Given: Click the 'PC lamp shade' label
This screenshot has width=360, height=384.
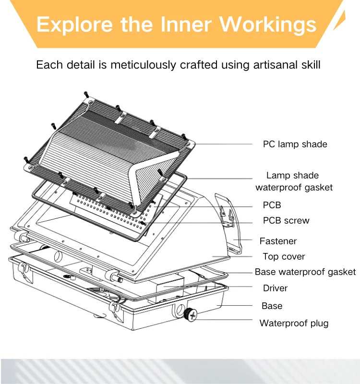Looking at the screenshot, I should click(x=295, y=144).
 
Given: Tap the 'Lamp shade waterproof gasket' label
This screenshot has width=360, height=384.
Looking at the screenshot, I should click(x=293, y=181).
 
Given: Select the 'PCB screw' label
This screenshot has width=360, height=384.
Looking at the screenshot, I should click(x=286, y=221).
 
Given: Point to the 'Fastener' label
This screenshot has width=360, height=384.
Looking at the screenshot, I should click(x=278, y=241).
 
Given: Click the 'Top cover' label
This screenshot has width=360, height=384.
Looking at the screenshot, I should click(x=284, y=257).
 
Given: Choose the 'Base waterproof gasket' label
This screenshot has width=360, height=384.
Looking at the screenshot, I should click(x=305, y=272).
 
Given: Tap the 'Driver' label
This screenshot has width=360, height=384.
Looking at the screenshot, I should click(x=275, y=288).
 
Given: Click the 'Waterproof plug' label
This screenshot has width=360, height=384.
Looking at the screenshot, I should click(x=294, y=323).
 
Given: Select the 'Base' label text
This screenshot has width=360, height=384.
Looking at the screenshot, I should click(x=272, y=306).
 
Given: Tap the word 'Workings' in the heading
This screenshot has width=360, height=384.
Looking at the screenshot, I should click(x=270, y=24).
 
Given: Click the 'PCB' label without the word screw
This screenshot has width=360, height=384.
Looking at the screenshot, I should click(x=272, y=205).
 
